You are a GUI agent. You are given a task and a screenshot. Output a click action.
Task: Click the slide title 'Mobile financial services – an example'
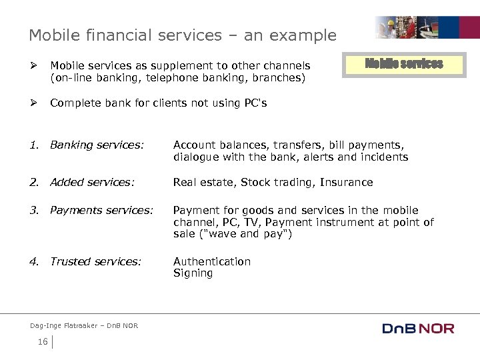pos(182,35)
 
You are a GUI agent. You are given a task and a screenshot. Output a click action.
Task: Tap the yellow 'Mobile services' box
pos(403,64)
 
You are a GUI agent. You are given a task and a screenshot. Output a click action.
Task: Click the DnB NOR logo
pos(418,328)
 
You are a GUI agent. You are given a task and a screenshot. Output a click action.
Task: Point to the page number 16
pos(43,342)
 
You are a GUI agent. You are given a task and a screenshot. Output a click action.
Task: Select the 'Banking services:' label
pos(97,145)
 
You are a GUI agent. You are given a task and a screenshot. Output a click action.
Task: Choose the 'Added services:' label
pos(92,182)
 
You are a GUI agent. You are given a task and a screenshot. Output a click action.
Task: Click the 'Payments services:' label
pos(101,210)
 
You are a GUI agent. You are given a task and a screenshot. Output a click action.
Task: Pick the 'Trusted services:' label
pos(95,261)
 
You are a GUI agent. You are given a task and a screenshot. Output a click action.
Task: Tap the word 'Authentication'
pos(212,261)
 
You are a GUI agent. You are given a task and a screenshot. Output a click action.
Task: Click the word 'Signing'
pos(193,273)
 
